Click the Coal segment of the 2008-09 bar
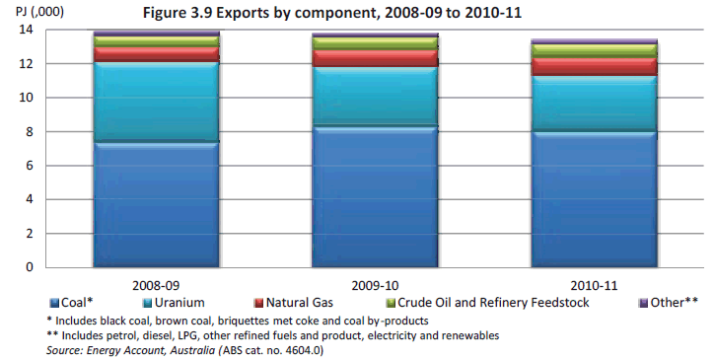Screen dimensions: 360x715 tap(156, 204)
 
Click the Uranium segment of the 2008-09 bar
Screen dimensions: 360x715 tap(156, 103)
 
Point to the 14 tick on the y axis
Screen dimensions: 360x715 tap(27, 30)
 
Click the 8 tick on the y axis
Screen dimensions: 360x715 tap(30, 131)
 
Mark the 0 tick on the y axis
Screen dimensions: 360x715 tap(30, 266)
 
